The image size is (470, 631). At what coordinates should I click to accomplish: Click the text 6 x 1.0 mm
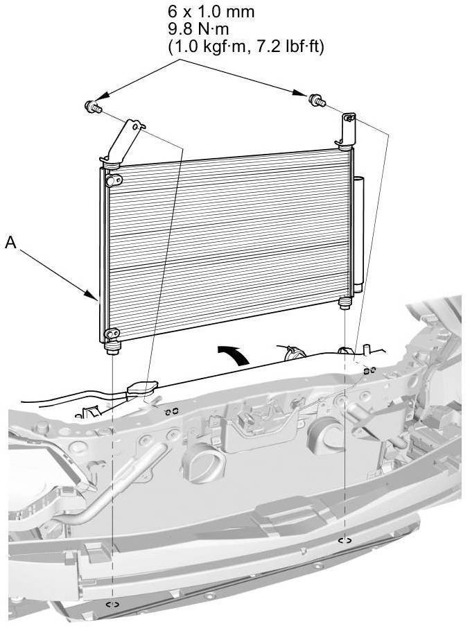pos(211,11)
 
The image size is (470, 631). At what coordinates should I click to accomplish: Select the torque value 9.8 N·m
pos(198,29)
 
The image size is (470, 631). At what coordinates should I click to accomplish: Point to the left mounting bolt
pos(92,107)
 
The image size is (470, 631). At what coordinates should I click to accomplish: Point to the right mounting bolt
pos(317,101)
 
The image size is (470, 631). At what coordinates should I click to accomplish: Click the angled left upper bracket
pos(123,142)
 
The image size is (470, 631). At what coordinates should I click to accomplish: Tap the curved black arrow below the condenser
pos(233,354)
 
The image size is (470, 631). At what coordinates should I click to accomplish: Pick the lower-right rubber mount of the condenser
pos(345,302)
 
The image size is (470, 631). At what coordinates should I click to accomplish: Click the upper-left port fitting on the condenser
pos(114,180)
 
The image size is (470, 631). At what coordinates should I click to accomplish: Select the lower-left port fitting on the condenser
pos(112,334)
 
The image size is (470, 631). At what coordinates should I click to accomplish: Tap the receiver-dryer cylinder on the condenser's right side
pos(358,234)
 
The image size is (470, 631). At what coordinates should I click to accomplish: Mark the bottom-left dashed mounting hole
pos(112,604)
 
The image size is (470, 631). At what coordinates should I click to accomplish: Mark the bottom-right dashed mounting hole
pos(345,540)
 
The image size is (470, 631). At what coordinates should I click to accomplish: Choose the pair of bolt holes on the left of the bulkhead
pos(171,411)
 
